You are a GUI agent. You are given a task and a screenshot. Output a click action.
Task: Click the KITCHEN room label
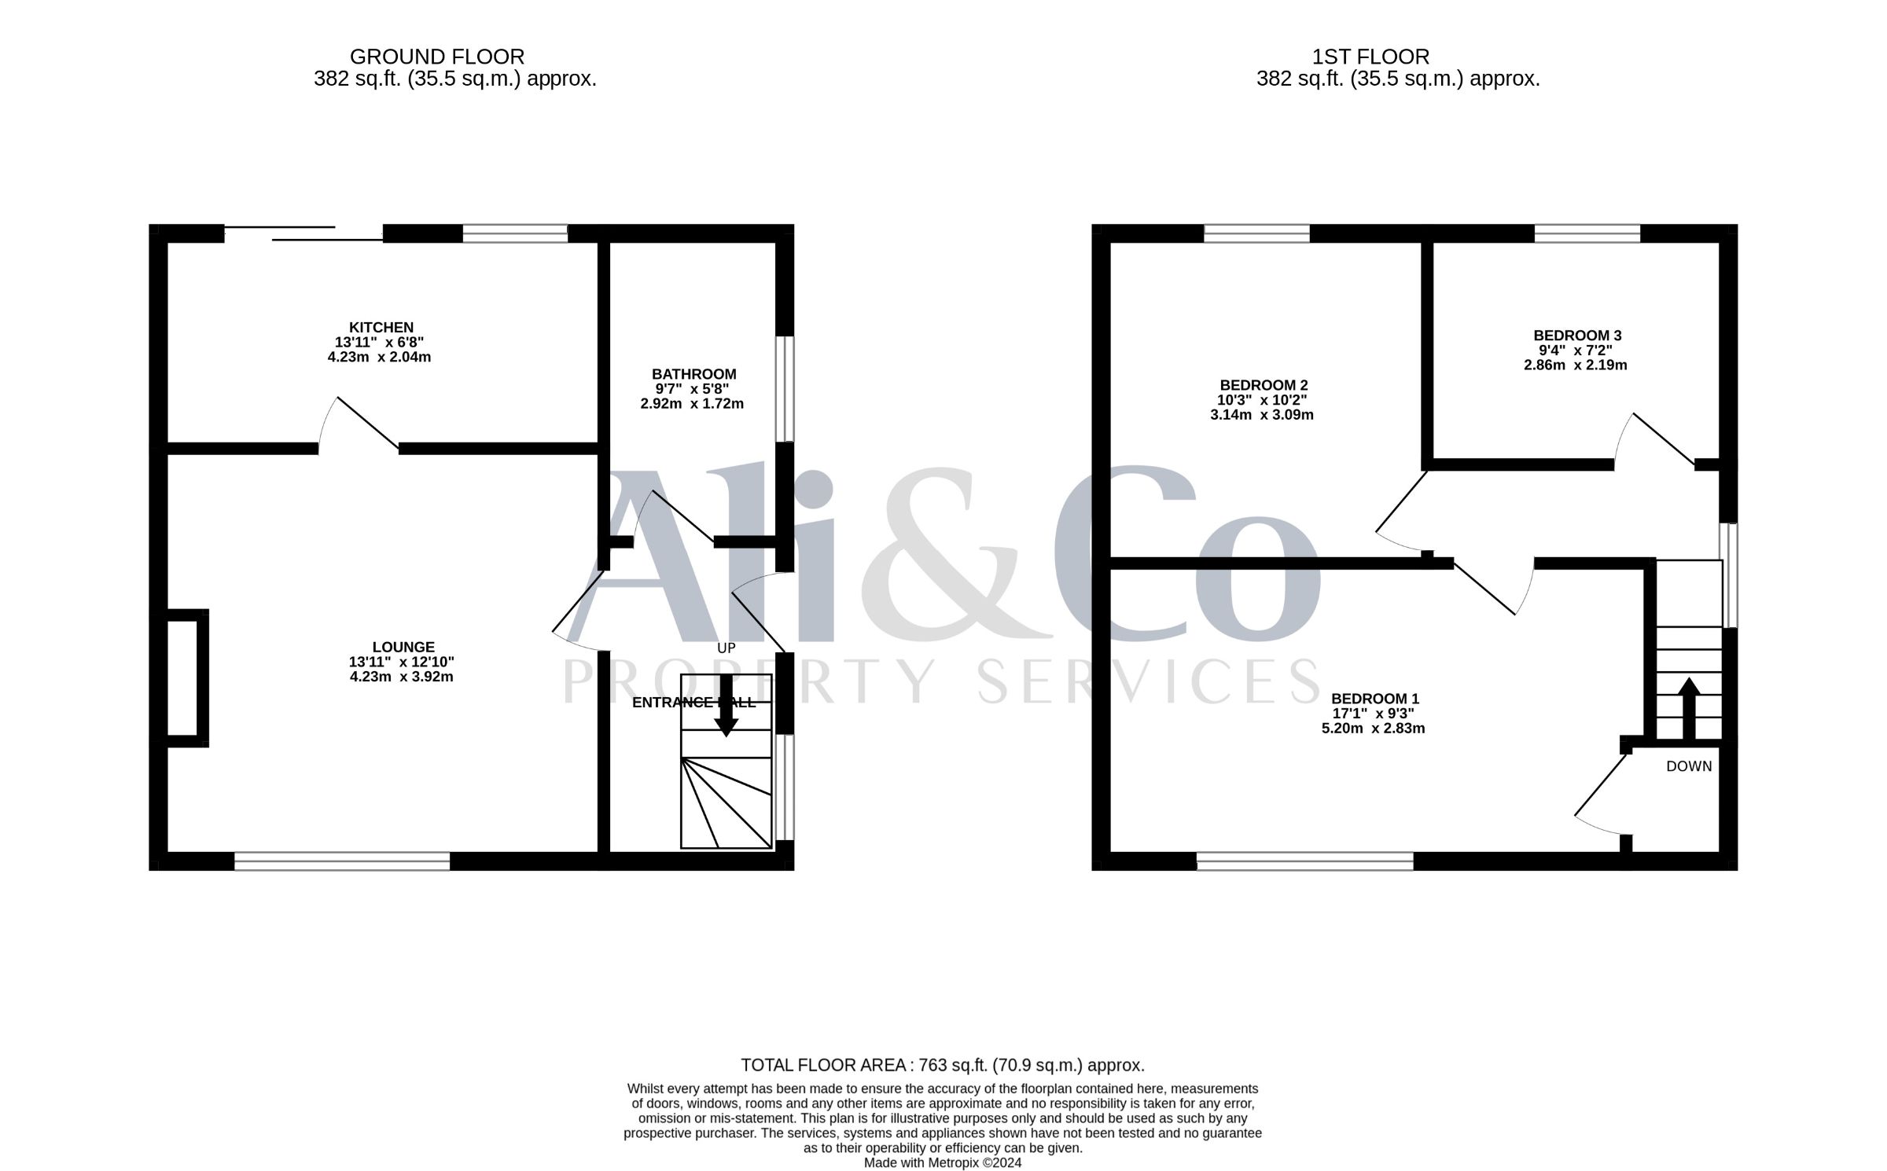tap(381, 328)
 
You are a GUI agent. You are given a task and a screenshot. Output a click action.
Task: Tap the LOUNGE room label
tap(404, 648)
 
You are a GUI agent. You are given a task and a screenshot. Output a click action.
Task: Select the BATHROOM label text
tap(694, 374)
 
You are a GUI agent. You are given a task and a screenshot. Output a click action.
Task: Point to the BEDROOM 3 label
tap(1577, 336)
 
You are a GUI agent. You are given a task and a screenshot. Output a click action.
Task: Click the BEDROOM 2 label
tap(1264, 385)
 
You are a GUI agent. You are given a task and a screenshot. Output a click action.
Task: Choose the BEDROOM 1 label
tap(1375, 699)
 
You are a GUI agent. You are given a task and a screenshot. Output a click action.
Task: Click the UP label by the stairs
tap(726, 648)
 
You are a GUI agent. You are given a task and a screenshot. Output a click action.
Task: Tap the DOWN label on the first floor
tap(1689, 766)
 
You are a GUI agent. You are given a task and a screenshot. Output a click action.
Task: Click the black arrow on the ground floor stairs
tap(726, 705)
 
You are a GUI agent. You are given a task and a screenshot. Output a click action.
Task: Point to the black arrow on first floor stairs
tap(1689, 708)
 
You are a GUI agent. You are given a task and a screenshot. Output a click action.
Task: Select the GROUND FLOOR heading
tap(437, 57)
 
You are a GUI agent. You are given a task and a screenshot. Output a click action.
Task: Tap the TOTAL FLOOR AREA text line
tap(943, 1066)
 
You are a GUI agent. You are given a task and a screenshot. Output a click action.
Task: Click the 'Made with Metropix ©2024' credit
tap(943, 1163)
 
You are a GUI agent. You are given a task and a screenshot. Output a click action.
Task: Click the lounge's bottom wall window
tap(342, 861)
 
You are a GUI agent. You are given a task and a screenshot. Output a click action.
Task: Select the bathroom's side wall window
tap(785, 389)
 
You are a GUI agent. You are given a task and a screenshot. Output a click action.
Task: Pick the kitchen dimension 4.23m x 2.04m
tap(379, 357)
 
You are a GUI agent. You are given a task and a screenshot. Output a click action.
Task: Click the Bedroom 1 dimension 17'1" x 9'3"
tap(1374, 714)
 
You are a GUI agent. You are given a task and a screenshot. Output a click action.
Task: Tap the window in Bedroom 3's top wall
tap(1587, 233)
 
